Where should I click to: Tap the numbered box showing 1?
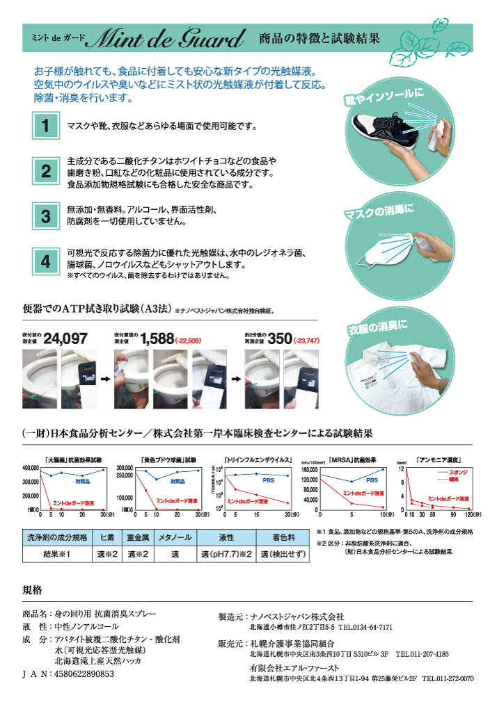click(45, 126)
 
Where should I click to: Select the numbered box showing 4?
click(45, 261)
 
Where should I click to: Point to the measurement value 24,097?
click(65, 338)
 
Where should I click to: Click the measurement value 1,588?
click(157, 338)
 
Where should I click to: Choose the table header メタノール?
click(174, 537)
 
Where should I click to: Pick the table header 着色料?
click(282, 537)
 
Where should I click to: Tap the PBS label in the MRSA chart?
click(371, 480)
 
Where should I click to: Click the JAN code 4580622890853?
click(78, 674)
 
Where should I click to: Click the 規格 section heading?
click(33, 590)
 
